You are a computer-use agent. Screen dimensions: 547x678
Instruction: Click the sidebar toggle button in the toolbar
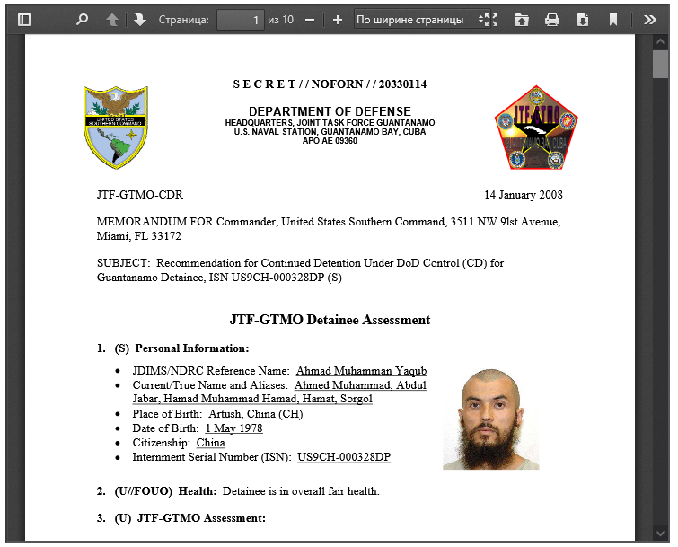tap(24, 19)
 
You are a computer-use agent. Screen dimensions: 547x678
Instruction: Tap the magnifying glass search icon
tap(82, 19)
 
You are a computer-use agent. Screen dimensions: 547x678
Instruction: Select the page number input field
tap(240, 19)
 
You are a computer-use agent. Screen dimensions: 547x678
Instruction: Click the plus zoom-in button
tap(338, 19)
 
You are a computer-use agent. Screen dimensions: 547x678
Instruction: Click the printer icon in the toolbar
tap(552, 19)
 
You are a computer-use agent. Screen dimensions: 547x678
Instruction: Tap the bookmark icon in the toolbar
tap(613, 19)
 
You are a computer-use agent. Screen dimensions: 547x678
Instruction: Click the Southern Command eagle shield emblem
tap(116, 128)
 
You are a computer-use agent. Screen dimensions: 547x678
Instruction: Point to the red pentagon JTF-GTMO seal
tap(536, 128)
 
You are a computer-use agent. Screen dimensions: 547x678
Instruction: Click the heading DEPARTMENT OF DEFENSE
tap(330, 111)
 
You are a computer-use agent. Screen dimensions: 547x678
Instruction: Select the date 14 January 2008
tap(524, 195)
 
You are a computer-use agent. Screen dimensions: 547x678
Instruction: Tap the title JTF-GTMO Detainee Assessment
tap(330, 320)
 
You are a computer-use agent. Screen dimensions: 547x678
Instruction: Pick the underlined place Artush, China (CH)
tap(255, 414)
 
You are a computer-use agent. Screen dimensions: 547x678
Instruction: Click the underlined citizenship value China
tap(210, 443)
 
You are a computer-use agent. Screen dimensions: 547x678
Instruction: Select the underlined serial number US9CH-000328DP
tap(344, 457)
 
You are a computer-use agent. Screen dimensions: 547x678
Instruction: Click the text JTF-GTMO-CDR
tap(139, 195)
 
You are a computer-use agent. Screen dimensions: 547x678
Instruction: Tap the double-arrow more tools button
tap(649, 19)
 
